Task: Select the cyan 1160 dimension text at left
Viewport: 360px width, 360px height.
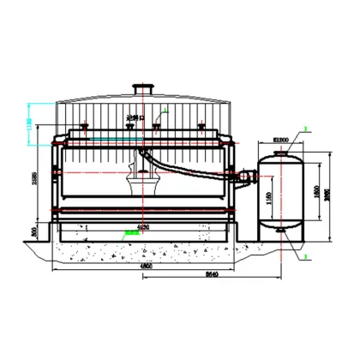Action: pyautogui.click(x=32, y=128)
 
